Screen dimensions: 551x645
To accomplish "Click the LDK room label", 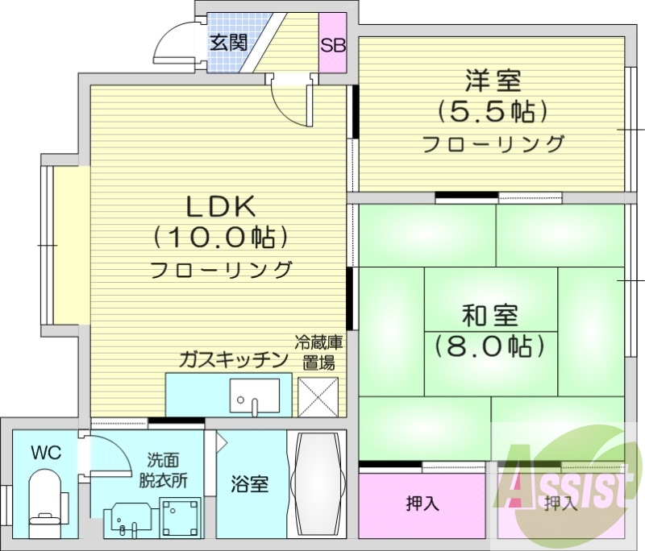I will click(221, 207).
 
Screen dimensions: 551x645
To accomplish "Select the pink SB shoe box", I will click(333, 44).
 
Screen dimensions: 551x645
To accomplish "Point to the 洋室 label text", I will click(493, 81).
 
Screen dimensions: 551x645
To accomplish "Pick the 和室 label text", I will click(490, 314).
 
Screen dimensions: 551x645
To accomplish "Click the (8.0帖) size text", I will click(490, 346).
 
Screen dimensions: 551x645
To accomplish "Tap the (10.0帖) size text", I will click(221, 238).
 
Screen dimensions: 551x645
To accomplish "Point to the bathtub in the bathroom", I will click(317, 485).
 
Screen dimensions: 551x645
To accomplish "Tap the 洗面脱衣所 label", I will click(167, 470).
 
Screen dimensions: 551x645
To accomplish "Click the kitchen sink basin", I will click(253, 395).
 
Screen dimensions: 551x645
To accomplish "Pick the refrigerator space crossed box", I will click(318, 396).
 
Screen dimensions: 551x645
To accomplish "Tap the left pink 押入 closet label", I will click(422, 505).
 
